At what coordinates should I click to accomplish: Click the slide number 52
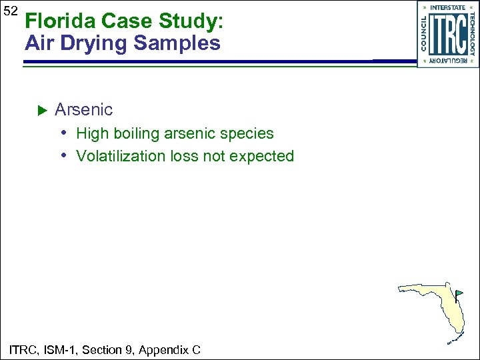click(9, 11)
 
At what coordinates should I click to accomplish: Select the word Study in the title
click(189, 21)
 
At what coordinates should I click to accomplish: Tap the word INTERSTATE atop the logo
click(447, 8)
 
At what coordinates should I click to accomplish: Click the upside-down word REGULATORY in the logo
click(447, 61)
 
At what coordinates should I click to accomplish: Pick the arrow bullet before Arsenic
click(39, 109)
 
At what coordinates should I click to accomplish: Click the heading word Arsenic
click(83, 109)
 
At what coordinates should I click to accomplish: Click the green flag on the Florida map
click(459, 293)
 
